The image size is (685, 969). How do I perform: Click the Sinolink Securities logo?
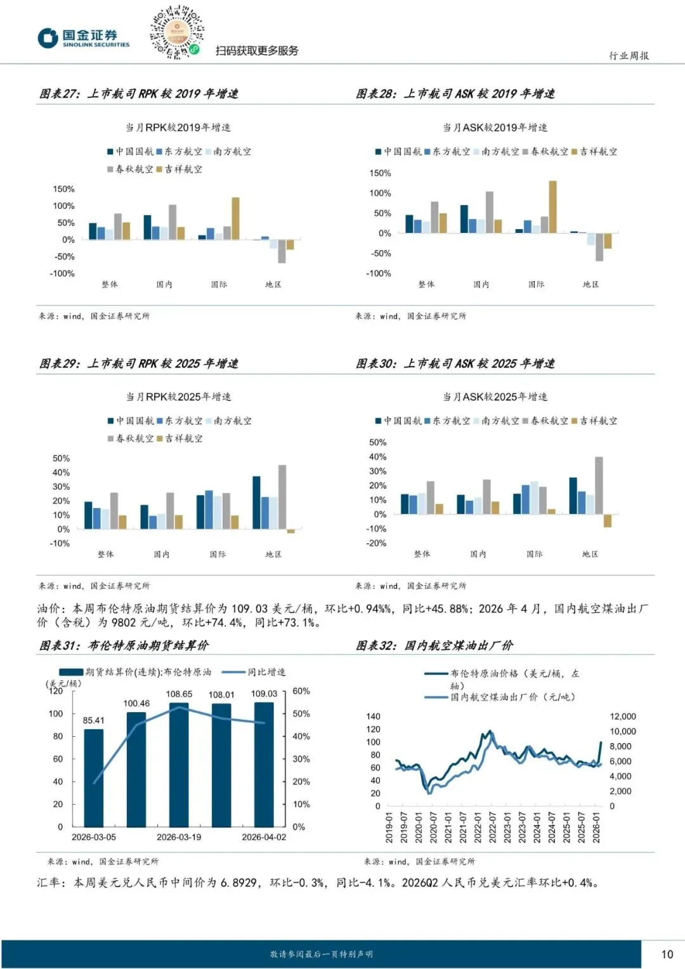pos(83,37)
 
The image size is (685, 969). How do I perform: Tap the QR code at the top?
pos(176,32)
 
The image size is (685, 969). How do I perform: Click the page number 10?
pos(667,954)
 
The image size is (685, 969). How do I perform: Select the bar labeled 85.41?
pos(93,777)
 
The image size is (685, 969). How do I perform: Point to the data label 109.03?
pos(264,694)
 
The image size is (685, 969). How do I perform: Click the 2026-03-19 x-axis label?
pos(179,837)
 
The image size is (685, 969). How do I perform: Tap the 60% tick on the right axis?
pos(301,691)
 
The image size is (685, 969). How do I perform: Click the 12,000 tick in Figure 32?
pos(622,716)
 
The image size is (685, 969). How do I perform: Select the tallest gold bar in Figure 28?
pos(552,207)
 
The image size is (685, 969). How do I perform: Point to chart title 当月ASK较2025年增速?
pos(495,397)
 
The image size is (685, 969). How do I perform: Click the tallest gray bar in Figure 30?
pos(599,485)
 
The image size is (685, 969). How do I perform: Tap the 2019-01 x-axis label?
pos(389,827)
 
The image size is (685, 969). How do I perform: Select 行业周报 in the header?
pos(629,56)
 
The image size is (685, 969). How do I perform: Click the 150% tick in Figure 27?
pos(63,189)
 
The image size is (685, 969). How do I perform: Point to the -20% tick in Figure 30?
pos(377,543)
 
